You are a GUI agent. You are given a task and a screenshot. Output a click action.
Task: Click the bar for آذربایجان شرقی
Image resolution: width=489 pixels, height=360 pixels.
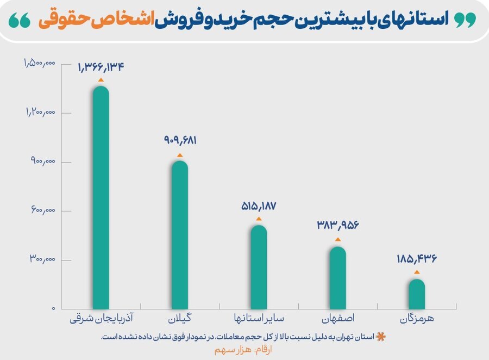(x=101, y=197)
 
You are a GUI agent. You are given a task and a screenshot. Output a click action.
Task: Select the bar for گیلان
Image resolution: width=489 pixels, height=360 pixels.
(x=180, y=235)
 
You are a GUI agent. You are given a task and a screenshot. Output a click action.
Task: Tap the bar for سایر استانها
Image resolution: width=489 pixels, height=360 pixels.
(x=259, y=267)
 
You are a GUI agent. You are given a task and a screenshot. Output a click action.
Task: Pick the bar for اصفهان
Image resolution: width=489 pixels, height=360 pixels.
(x=338, y=277)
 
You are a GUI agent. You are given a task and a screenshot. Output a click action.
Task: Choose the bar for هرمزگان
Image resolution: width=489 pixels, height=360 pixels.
(x=417, y=294)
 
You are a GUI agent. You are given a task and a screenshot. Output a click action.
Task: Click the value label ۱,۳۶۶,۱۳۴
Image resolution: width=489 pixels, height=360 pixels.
(x=101, y=67)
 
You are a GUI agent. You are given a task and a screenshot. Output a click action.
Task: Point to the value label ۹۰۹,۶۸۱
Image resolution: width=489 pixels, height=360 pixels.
(x=180, y=140)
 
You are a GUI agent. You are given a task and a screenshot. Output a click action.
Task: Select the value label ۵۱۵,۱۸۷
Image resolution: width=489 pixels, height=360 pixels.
(x=259, y=206)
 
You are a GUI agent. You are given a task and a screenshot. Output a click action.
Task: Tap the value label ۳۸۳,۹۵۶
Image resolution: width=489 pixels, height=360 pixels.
(x=338, y=225)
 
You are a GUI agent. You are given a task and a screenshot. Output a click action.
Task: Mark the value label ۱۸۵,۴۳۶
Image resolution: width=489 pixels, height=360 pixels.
(x=417, y=259)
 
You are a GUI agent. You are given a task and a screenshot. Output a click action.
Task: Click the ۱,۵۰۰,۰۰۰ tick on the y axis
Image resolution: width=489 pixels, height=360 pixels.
(x=40, y=64)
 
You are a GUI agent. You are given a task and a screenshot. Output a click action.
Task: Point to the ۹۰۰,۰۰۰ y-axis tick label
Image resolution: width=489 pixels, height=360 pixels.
(x=43, y=162)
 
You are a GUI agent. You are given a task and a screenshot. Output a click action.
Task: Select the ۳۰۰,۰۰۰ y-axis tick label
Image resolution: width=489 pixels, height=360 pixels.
(x=42, y=259)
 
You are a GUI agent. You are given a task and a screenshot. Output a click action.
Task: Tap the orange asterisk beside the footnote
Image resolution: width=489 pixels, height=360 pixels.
(x=380, y=337)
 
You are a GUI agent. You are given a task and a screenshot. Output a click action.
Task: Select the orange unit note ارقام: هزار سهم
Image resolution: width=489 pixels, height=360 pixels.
(x=243, y=350)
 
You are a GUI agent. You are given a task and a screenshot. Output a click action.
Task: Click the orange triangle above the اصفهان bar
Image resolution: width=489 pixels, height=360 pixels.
(x=338, y=239)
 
